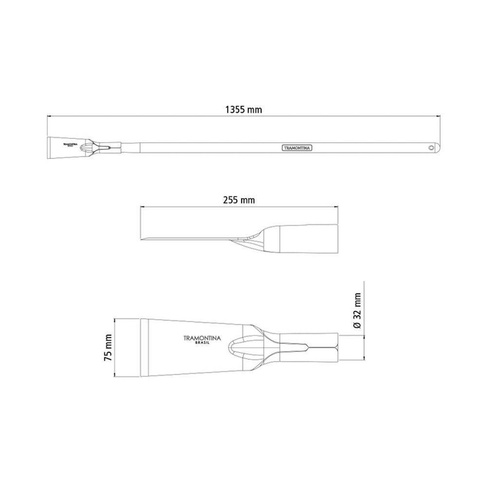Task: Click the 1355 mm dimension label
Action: (x=243, y=109)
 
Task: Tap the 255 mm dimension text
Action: (x=239, y=200)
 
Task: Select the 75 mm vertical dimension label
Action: (x=108, y=348)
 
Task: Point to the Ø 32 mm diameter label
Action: (x=357, y=311)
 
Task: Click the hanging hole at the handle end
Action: (x=431, y=148)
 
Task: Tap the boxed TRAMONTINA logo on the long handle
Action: (x=297, y=148)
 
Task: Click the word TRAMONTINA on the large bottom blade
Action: (x=202, y=338)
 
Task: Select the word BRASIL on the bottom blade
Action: (x=202, y=343)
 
